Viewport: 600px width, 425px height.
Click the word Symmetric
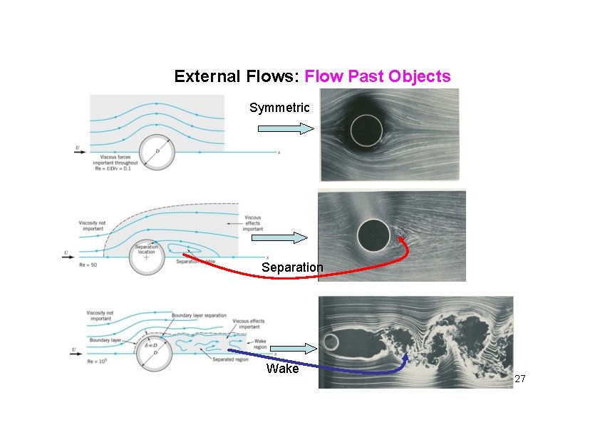[279, 108]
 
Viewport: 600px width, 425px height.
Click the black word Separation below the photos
[291, 267]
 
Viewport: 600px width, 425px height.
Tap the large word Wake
[282, 369]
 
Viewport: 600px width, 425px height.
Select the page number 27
[519, 378]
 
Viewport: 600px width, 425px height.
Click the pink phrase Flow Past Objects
[378, 76]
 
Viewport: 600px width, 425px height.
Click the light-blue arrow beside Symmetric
[285, 128]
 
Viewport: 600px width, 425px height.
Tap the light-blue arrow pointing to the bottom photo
[292, 349]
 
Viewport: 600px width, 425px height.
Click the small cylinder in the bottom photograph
[331, 342]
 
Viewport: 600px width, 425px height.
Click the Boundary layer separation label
[200, 315]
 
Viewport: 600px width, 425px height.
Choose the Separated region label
[230, 359]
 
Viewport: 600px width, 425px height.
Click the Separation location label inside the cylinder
[147, 248]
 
